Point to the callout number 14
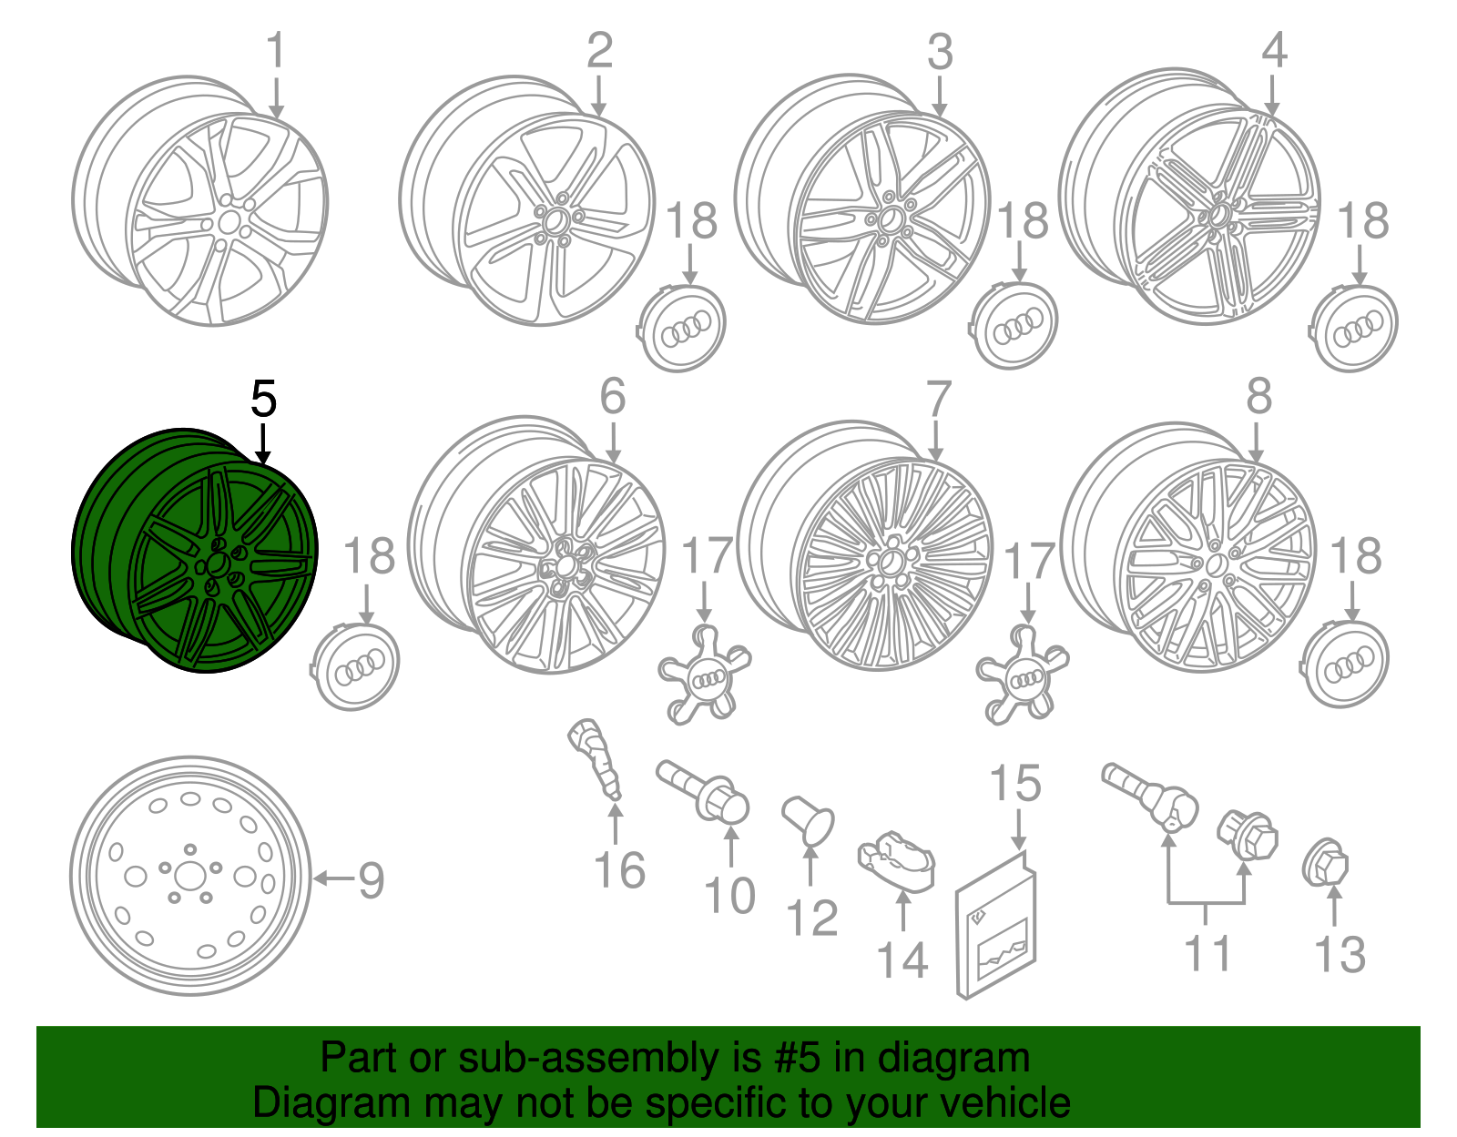click(x=902, y=961)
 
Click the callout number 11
click(x=1207, y=954)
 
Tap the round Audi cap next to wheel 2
click(x=680, y=329)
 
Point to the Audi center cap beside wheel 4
click(x=1355, y=327)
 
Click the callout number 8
click(x=1258, y=397)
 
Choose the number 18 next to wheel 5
click(x=369, y=556)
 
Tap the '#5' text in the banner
click(x=798, y=1059)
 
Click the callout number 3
click(x=940, y=52)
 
